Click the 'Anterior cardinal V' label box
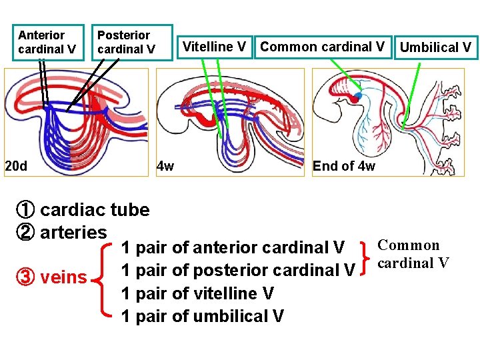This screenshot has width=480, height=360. point(50,42)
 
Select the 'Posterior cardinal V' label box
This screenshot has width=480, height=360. point(132,42)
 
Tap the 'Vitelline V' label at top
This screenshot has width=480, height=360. point(214,47)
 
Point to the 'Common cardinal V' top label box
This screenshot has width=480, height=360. point(322,47)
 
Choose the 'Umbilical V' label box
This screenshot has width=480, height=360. point(435,47)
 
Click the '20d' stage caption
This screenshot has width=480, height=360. point(16,165)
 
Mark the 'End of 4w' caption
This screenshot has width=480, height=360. point(343,166)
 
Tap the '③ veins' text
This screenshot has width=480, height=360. point(52,277)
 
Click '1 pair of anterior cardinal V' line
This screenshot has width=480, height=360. point(233,248)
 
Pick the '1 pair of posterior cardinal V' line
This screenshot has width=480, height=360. point(238,271)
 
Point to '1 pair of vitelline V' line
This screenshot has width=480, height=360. point(198,293)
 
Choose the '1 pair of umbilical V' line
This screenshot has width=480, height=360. point(203,316)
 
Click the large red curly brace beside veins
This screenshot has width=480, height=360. point(105,280)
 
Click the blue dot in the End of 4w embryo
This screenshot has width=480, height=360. point(358,96)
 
